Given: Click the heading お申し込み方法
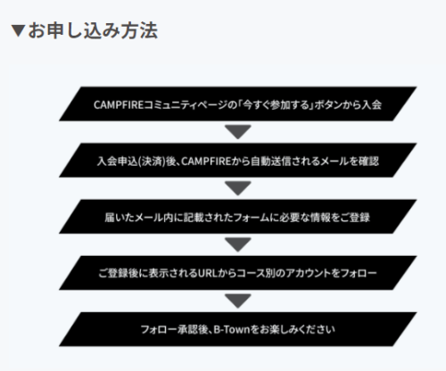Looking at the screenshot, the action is pyautogui.click(x=93, y=30).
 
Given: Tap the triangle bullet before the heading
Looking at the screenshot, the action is pyautogui.click(x=18, y=30).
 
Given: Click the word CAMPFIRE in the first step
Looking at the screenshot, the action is pyautogui.click(x=119, y=105).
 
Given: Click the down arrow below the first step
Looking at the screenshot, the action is pyautogui.click(x=238, y=132).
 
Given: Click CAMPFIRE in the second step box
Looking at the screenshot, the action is pyautogui.click(x=206, y=161).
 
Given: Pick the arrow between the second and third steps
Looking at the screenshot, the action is pyautogui.click(x=238, y=188).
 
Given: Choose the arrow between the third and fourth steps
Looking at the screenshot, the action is pyautogui.click(x=238, y=244).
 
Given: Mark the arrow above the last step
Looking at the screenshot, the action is pyautogui.click(x=238, y=301).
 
